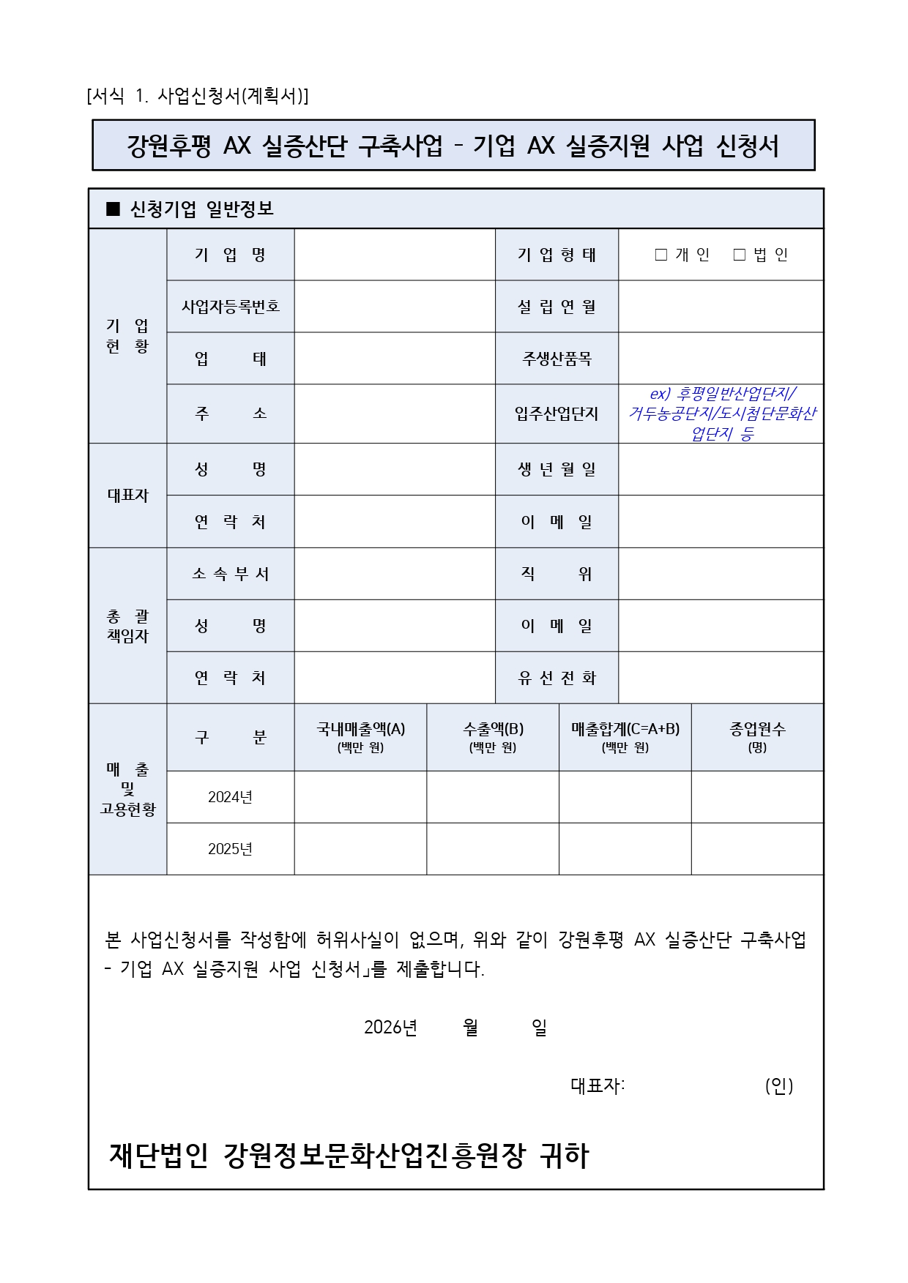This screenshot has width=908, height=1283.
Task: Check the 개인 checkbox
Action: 661,255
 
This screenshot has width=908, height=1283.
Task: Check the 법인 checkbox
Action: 740,255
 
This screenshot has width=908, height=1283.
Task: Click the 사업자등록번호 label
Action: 231,307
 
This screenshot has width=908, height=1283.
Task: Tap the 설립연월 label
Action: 557,307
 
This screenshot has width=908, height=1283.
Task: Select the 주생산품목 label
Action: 557,359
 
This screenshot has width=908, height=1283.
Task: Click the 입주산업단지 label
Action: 557,414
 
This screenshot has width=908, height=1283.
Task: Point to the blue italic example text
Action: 721,414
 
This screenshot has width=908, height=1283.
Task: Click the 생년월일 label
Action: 557,470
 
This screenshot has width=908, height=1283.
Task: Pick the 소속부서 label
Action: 231,575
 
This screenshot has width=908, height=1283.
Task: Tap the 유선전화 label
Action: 557,678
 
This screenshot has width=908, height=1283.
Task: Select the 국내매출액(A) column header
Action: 360,736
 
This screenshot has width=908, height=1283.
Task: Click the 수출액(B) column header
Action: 493,736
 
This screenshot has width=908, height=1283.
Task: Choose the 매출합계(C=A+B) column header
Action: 625,736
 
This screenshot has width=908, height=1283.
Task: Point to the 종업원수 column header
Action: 757,736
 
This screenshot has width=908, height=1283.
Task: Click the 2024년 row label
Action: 231,797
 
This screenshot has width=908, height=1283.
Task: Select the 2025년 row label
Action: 231,849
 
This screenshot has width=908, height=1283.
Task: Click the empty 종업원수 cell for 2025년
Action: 757,849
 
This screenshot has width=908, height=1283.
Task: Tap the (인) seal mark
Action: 779,1086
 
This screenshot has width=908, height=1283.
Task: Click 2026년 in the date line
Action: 390,1028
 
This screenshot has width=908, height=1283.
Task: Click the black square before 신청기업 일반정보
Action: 113,209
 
